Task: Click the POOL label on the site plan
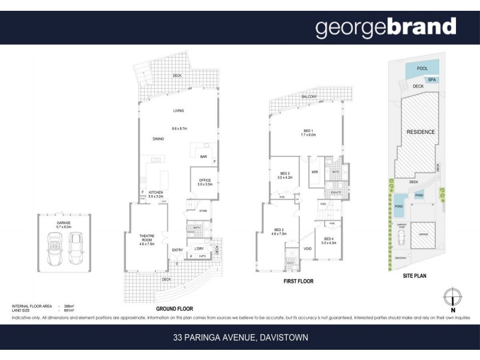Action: (x=422, y=69)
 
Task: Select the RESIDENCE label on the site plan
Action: (x=421, y=131)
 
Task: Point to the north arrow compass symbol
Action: (x=454, y=298)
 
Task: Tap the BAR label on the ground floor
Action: (x=203, y=157)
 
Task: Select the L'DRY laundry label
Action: (x=200, y=248)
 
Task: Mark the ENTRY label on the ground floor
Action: (x=177, y=250)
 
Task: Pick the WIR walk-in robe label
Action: (x=314, y=172)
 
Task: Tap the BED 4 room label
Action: (x=329, y=239)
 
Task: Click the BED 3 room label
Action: (x=284, y=175)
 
